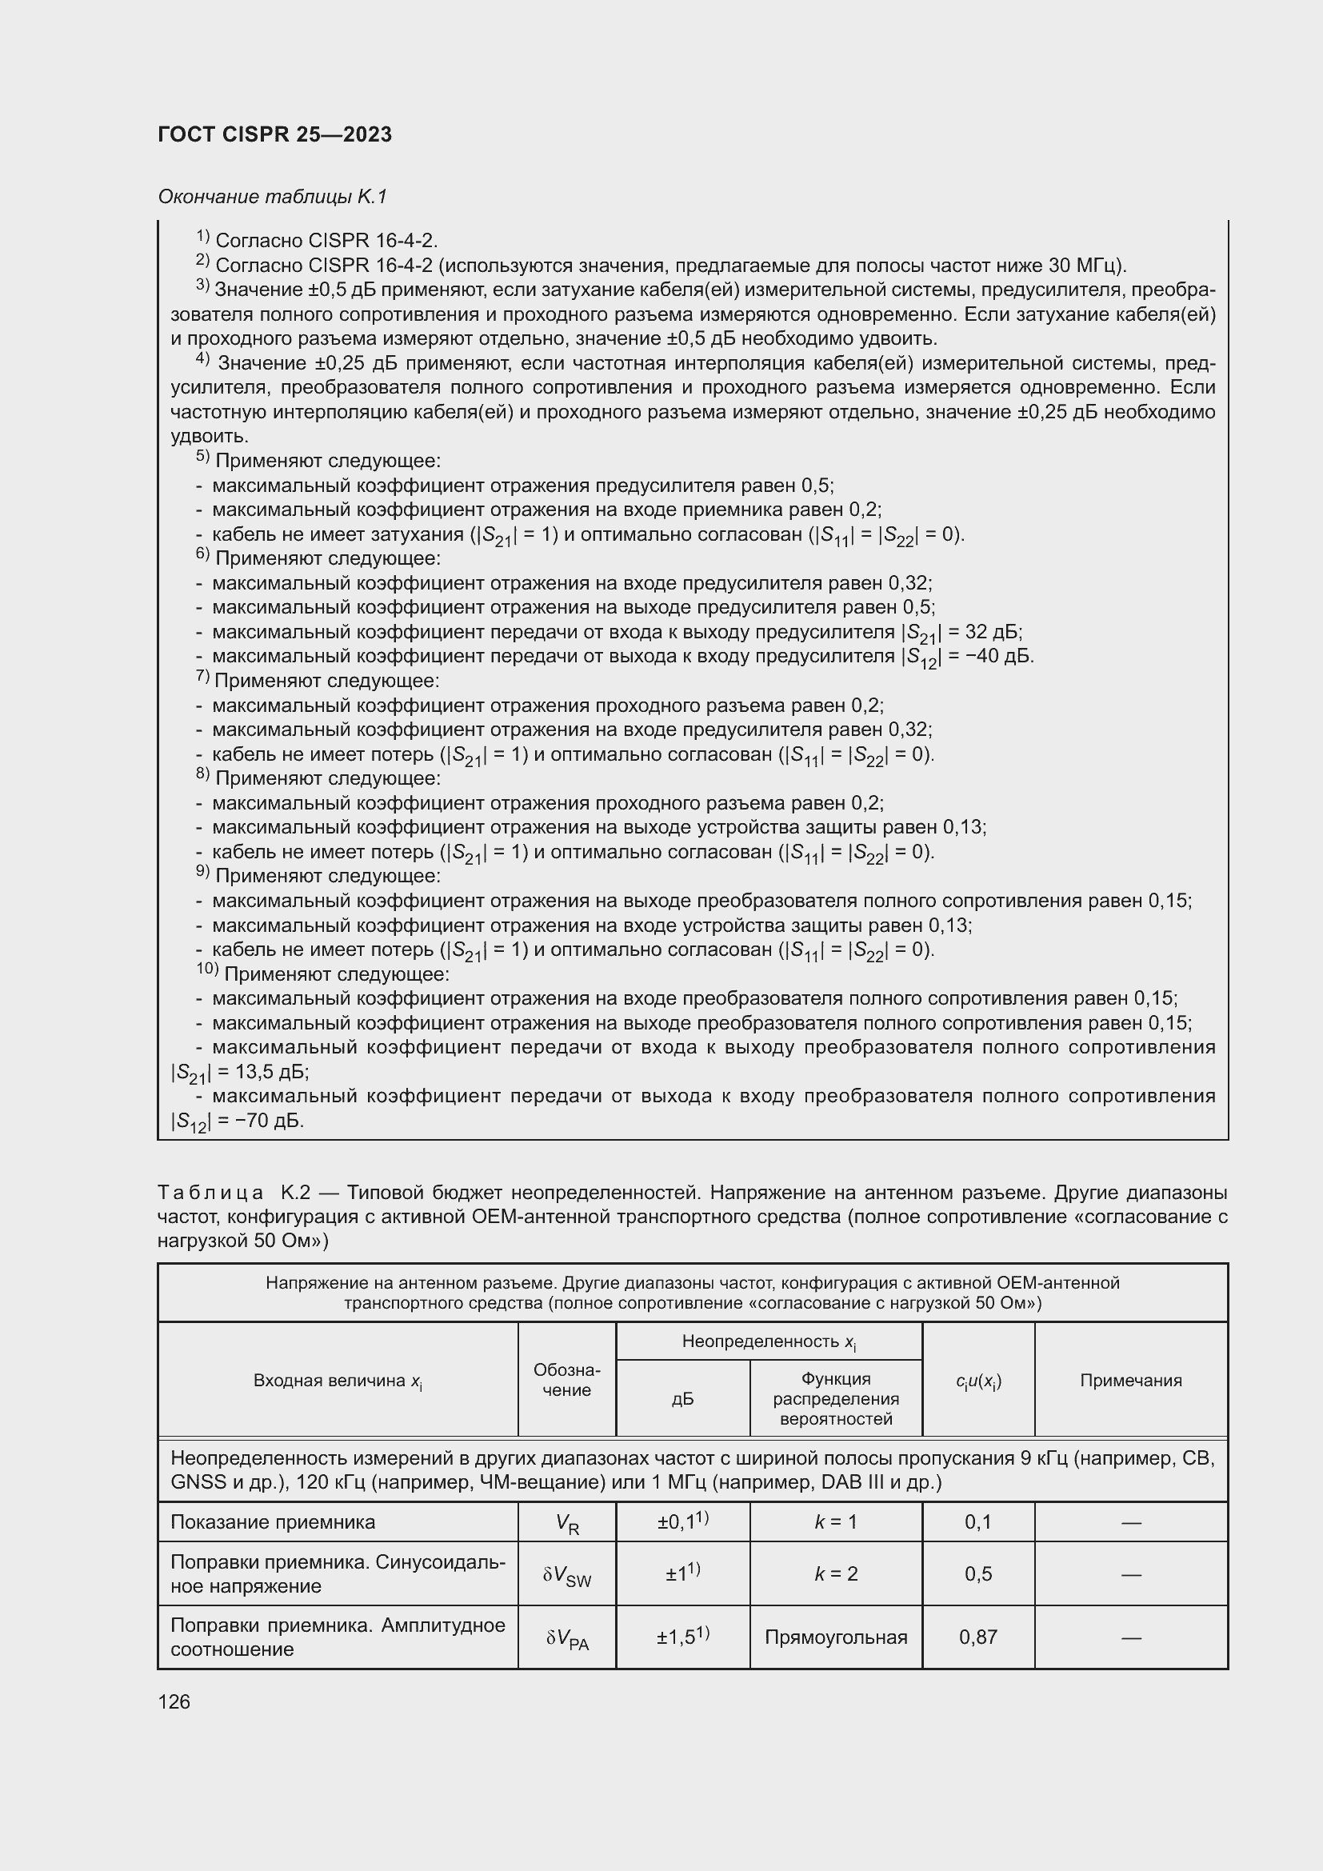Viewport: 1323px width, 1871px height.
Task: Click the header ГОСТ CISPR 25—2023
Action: [x=274, y=134]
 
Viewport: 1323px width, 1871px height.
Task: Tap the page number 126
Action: [x=174, y=1701]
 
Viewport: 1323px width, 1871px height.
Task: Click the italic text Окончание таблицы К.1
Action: [x=272, y=197]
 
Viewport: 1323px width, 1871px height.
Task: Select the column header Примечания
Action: [x=1130, y=1381]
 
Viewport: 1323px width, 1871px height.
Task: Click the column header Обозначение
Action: [x=566, y=1381]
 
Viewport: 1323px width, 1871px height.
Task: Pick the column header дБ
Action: [x=681, y=1399]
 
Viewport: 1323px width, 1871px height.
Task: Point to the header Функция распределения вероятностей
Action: [x=836, y=1398]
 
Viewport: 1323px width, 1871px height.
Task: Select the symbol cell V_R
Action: [x=567, y=1524]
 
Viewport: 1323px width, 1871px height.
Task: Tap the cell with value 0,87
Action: [x=977, y=1637]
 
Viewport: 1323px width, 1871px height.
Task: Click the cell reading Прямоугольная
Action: [x=836, y=1637]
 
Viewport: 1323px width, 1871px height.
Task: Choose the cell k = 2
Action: [x=836, y=1573]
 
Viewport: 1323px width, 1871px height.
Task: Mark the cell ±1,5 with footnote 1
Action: [x=682, y=1636]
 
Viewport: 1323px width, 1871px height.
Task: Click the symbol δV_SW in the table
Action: [x=567, y=1575]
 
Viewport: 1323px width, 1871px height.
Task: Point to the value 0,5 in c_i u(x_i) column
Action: [x=977, y=1573]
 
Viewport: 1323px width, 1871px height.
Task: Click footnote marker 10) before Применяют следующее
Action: [x=207, y=970]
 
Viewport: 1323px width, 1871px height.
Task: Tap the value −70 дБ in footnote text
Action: [x=261, y=1121]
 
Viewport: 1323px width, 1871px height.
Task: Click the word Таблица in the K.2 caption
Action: [x=210, y=1193]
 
